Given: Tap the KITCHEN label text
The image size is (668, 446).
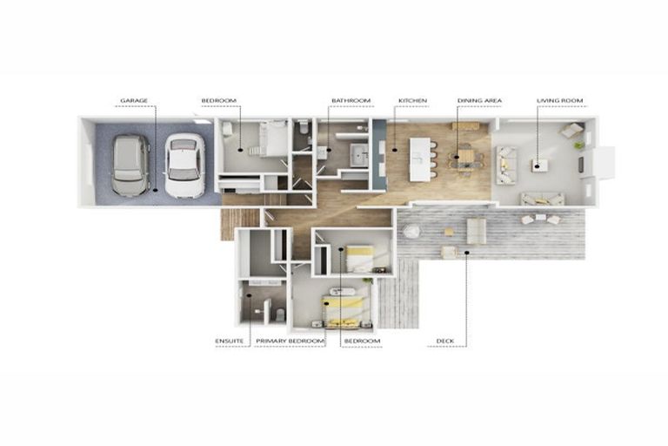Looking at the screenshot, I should pos(412,101).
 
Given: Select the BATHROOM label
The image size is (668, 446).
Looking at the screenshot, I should pos(351,101).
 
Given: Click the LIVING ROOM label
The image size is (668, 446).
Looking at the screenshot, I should pos(560,101).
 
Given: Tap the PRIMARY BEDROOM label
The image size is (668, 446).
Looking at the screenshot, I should pos(290,341).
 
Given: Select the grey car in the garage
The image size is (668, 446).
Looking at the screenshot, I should pos(130,166).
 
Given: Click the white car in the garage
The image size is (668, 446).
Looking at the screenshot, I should pos(184,166).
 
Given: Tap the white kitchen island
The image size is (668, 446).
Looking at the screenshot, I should pos(420,159).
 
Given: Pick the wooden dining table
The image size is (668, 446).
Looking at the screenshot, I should pos(466,159).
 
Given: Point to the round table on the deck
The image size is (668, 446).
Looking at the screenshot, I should pos(411,232).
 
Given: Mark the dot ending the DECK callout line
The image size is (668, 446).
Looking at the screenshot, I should pos(466,253).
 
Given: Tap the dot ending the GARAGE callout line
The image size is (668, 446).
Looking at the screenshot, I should pos(156,189).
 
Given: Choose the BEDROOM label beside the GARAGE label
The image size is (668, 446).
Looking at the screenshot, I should pos(218,101).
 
